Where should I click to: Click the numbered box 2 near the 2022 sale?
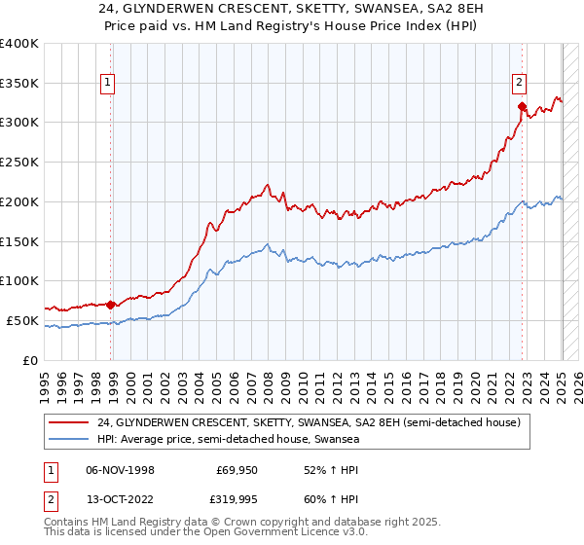click(520, 84)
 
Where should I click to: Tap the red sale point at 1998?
click(110, 304)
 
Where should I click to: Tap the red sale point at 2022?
click(523, 106)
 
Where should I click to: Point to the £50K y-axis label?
click(23, 320)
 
